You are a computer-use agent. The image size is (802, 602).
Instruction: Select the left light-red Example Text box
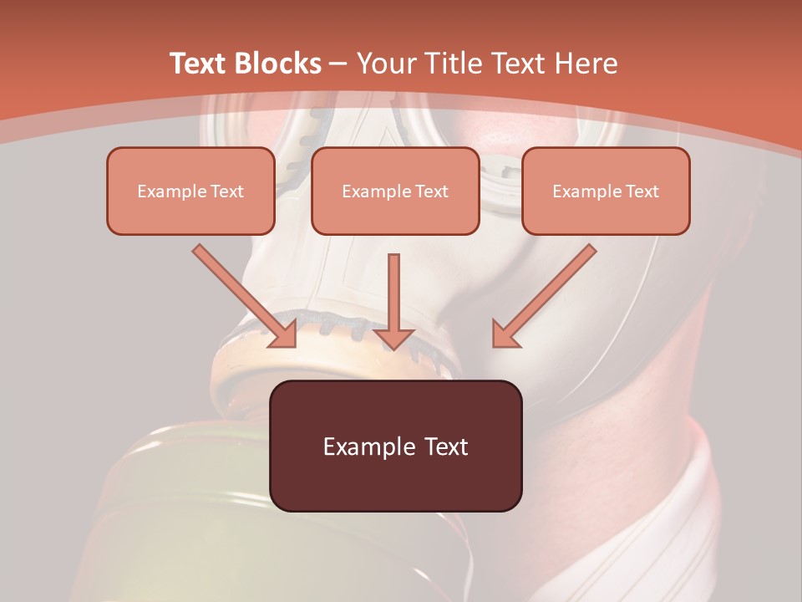(190, 191)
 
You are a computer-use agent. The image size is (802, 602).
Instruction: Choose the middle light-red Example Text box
(395, 191)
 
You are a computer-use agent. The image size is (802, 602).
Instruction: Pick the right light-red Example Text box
(606, 191)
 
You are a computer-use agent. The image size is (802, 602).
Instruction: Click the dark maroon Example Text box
(395, 446)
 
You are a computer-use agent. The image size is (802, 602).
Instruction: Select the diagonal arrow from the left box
(242, 293)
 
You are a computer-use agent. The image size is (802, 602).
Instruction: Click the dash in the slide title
(338, 64)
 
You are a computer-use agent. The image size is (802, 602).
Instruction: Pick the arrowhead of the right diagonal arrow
(505, 334)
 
